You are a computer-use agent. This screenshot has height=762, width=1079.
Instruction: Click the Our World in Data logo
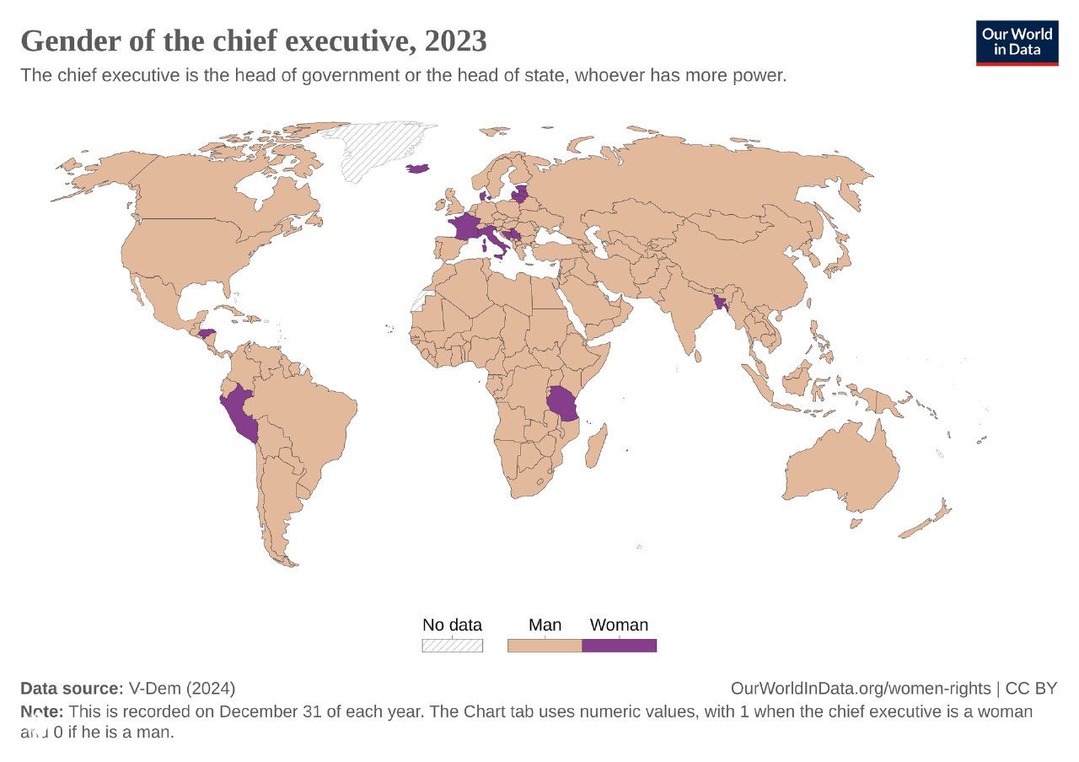tap(1017, 43)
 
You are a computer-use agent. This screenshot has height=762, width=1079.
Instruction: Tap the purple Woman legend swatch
tap(619, 646)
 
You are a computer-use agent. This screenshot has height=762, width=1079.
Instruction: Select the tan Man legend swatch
tap(545, 646)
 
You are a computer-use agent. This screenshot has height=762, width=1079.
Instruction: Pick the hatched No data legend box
tap(452, 646)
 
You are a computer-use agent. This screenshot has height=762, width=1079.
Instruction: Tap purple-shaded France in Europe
tap(464, 228)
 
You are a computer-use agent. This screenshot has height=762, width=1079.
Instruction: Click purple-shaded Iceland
tap(418, 169)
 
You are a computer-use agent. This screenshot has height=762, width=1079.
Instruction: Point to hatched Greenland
tap(379, 148)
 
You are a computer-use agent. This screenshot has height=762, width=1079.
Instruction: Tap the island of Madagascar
tap(596, 445)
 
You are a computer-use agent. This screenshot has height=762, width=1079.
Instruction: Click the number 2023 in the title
tap(456, 40)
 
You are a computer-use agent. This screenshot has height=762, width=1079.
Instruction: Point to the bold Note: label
tap(42, 711)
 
